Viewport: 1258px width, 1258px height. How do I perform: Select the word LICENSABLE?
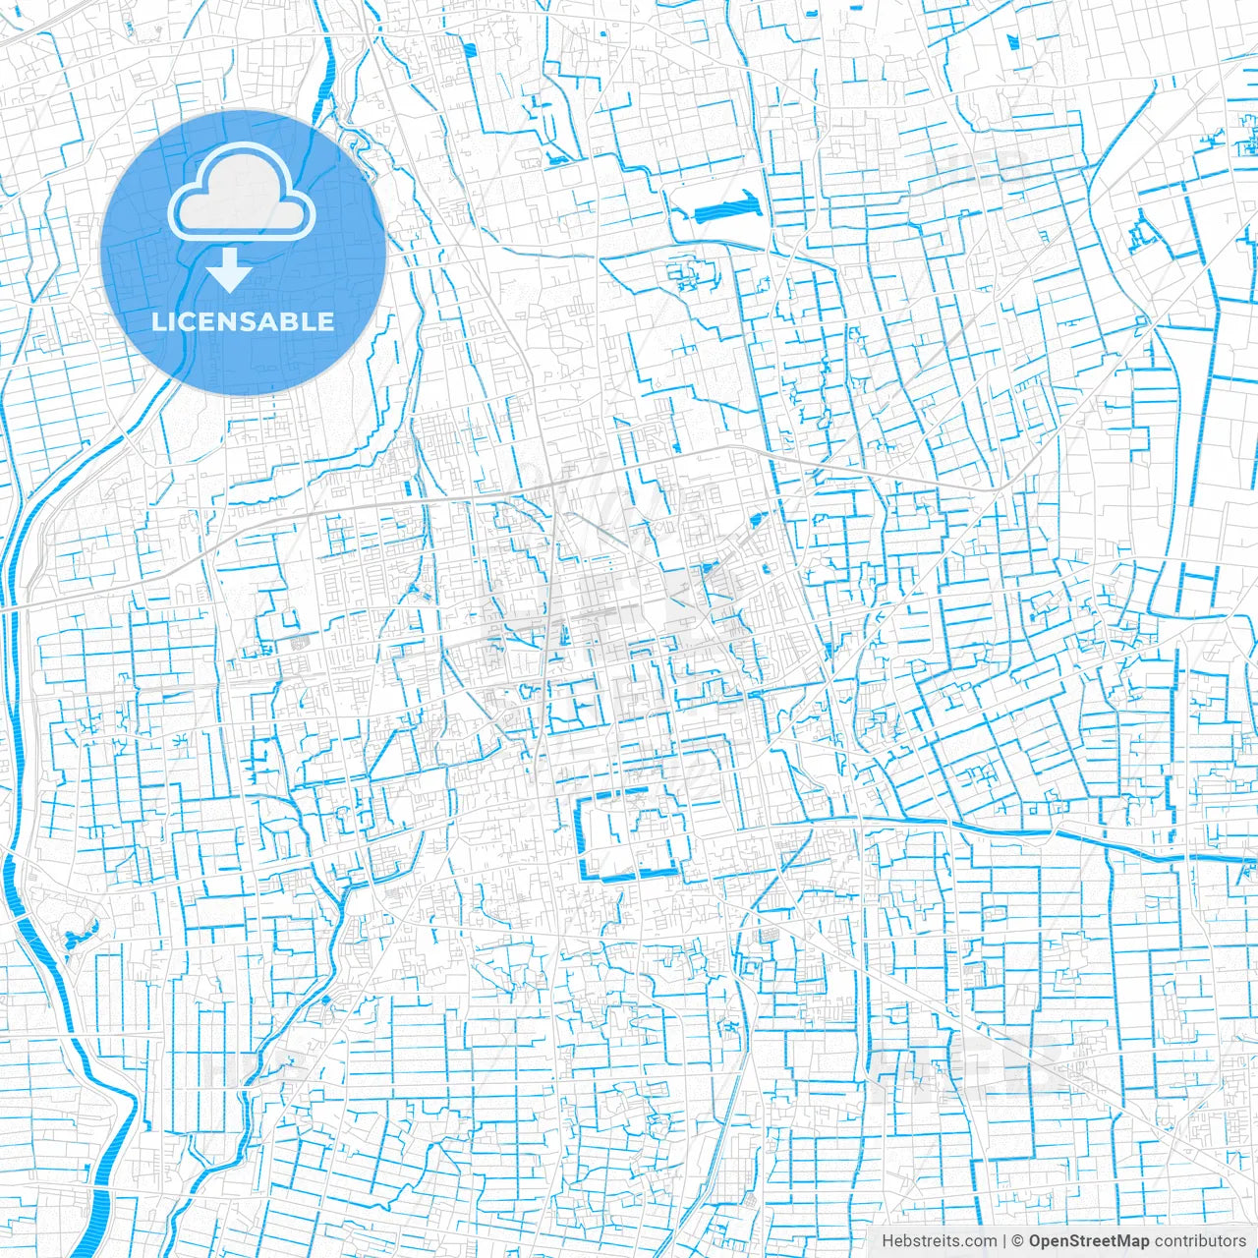pyautogui.click(x=243, y=321)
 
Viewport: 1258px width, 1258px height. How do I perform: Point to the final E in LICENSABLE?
pyautogui.click(x=325, y=321)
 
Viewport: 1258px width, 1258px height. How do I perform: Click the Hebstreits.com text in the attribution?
pyautogui.click(x=939, y=1241)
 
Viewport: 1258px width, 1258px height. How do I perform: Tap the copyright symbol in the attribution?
pyautogui.click(x=1018, y=1241)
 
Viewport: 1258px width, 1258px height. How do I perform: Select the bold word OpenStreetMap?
pyautogui.click(x=1089, y=1241)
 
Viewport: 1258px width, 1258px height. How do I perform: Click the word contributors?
pyautogui.click(x=1200, y=1241)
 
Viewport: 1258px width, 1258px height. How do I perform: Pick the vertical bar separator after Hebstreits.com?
pyautogui.click(x=1004, y=1241)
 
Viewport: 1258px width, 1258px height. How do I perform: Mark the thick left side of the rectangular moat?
pyautogui.click(x=580, y=835)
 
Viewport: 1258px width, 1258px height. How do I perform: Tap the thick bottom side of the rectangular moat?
pyautogui.click(x=629, y=874)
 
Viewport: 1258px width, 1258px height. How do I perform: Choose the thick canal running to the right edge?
pyautogui.click(x=1081, y=840)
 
